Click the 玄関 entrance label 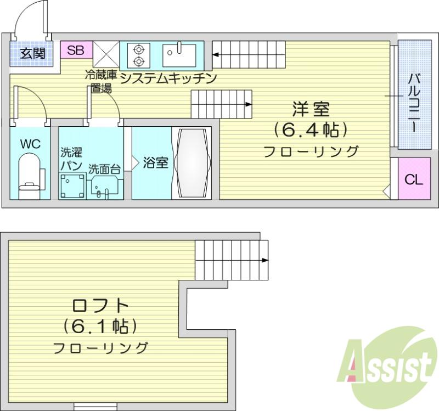pos(32,53)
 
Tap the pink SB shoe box pos(76,50)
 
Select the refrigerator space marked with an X pos(106,54)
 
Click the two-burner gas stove pos(138,55)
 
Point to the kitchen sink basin pos(179,55)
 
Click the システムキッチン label pos(168,78)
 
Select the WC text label pos(30,144)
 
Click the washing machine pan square pos(72,186)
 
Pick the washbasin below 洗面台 pos(105,187)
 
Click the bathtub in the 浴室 pos(192,163)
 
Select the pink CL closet pos(414,179)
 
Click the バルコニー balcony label pos(414,103)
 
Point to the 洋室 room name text pos(311,109)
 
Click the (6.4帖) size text pos(311,130)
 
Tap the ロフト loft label pos(100,306)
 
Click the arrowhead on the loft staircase pos(264,261)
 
